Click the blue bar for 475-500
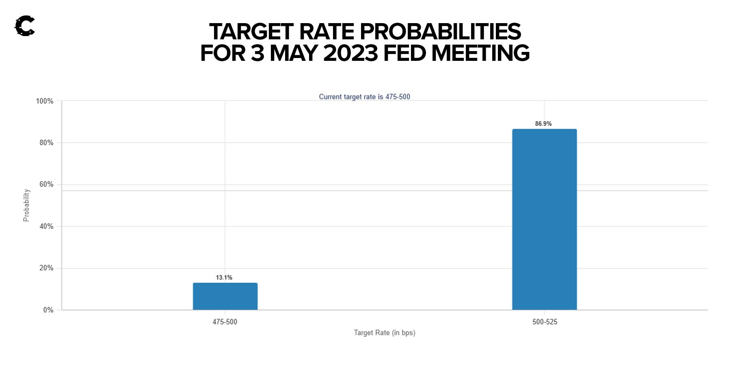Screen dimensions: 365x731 [225, 296]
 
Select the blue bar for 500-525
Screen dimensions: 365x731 [544, 219]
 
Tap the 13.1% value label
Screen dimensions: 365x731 [224, 277]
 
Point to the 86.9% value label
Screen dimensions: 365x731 [543, 124]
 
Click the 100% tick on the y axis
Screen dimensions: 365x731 [45, 101]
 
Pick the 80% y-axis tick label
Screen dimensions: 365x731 [46, 143]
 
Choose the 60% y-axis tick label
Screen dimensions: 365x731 [46, 185]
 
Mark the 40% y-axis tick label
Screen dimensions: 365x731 [46, 226]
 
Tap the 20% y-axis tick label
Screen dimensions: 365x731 [46, 268]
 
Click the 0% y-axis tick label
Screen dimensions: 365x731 [48, 310]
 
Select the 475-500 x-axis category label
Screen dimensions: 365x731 [225, 322]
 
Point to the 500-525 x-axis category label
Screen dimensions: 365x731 [545, 322]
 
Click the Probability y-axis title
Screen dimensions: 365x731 [26, 205]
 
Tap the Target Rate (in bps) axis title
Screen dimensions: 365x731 [385, 333]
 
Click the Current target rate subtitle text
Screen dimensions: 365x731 [364, 97]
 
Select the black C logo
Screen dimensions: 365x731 [24, 26]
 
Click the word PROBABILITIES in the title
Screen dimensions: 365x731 [440, 32]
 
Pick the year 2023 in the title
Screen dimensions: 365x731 [351, 53]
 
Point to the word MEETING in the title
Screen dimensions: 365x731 [480, 53]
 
